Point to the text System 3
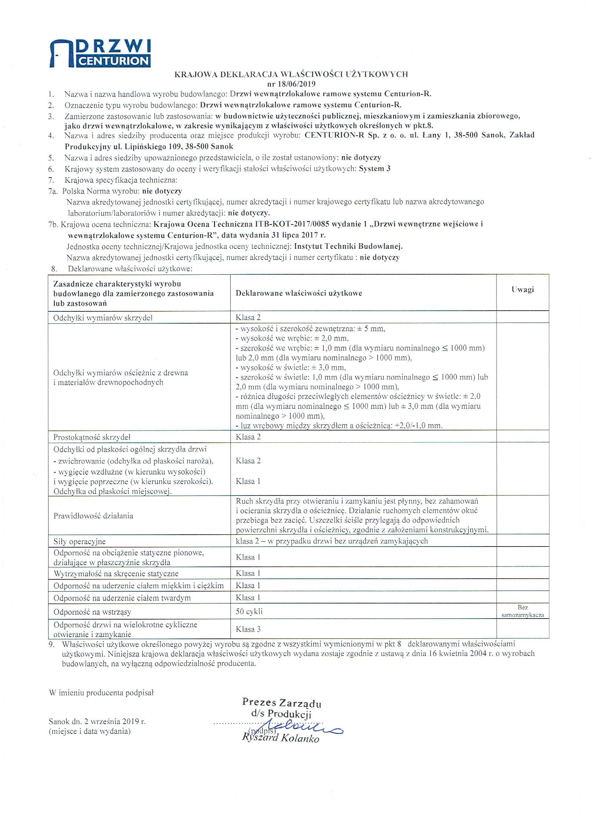tap(375, 168)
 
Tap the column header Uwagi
tap(522, 290)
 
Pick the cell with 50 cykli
tap(249, 611)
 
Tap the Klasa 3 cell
tap(248, 629)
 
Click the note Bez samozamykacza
tap(522, 611)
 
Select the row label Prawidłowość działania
tap(93, 515)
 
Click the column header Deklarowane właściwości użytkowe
tap(299, 293)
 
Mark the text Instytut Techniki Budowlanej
tap(348, 247)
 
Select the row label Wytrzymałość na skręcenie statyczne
tap(116, 573)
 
